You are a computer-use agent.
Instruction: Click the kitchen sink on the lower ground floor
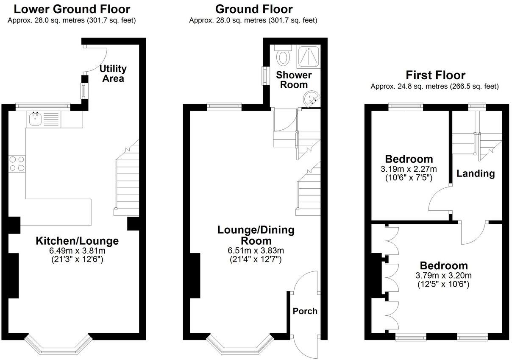(x=35, y=119)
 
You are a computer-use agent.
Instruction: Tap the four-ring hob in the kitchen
(x=17, y=163)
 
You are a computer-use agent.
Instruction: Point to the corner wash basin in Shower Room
(x=312, y=99)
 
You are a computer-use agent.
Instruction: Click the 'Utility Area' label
(x=113, y=73)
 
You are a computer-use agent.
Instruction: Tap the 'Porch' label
(x=305, y=311)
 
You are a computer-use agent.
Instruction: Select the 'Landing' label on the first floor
(x=476, y=173)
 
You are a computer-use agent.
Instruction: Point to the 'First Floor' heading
(x=435, y=75)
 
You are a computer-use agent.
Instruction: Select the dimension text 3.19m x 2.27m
(x=409, y=169)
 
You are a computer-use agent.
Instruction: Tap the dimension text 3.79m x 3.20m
(x=444, y=276)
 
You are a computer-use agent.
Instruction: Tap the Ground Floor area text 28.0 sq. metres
(x=253, y=20)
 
